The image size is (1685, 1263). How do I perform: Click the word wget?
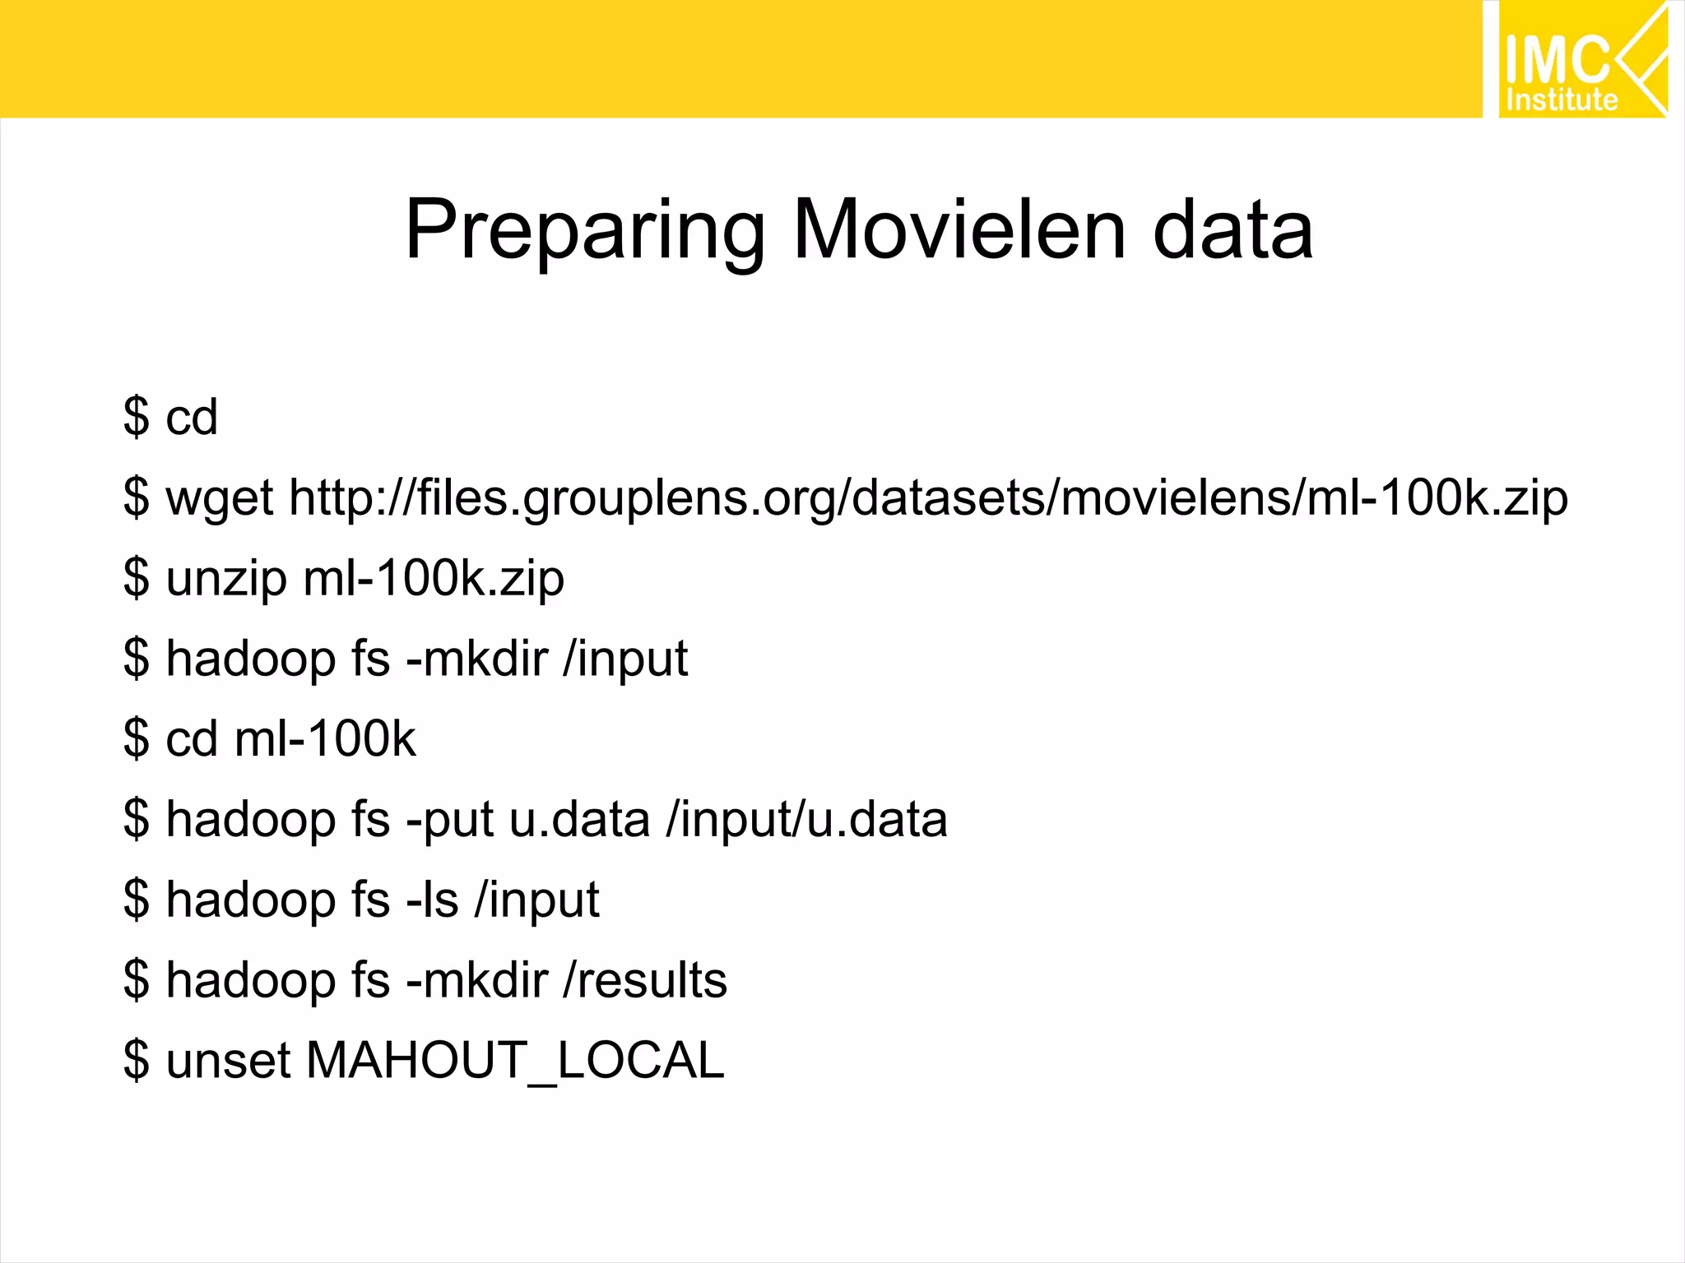[219, 498]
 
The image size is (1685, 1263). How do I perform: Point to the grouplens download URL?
[928, 498]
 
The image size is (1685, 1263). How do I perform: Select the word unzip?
[226, 578]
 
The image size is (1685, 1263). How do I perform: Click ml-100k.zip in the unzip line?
[434, 578]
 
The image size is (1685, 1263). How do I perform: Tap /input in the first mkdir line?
[625, 659]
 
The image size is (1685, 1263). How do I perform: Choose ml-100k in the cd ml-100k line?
[325, 738]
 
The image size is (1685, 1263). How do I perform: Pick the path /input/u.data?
[806, 820]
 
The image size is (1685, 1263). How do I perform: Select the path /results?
[645, 980]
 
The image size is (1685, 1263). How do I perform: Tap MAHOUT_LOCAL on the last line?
[515, 1060]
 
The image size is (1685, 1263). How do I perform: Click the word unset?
[228, 1060]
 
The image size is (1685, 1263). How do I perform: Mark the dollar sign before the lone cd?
[137, 417]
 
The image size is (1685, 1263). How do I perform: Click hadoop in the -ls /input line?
[250, 900]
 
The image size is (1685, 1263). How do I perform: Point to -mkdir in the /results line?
[477, 980]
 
